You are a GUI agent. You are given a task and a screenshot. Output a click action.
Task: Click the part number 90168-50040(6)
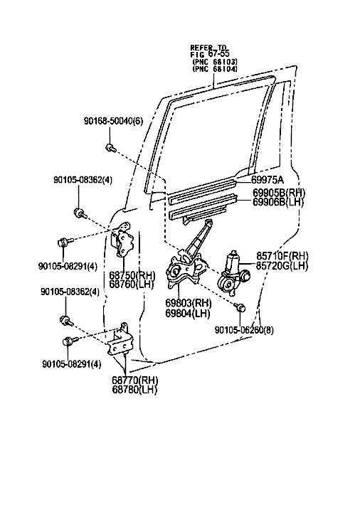tap(113, 122)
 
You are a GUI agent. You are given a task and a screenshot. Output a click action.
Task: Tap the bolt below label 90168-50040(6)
tap(110, 147)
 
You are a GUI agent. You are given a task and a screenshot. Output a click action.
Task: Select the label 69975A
tap(268, 180)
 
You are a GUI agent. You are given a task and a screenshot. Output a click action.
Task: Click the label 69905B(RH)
tap(279, 193)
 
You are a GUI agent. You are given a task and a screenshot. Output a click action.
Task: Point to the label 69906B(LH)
tap(278, 202)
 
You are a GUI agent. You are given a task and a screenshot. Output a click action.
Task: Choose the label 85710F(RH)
tap(282, 256)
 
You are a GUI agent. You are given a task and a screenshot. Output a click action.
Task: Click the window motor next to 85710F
tap(233, 272)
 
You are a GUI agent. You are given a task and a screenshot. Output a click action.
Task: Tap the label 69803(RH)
tap(189, 304)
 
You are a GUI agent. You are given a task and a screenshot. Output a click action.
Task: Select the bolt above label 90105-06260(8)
tap(241, 308)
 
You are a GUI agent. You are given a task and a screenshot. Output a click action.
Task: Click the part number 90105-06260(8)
tap(244, 331)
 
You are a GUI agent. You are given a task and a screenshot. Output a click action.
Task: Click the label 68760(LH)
tap(132, 284)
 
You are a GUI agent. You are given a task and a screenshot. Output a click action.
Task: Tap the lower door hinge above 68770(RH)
tap(118, 339)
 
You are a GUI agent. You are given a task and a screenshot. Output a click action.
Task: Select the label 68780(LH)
tap(134, 390)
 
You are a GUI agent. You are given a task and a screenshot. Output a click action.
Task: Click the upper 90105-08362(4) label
tap(83, 180)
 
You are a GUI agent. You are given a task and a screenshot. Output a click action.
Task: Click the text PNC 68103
tap(215, 63)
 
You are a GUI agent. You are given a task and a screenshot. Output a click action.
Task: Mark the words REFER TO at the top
tap(208, 47)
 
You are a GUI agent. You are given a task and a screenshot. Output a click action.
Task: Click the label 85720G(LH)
tap(282, 265)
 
